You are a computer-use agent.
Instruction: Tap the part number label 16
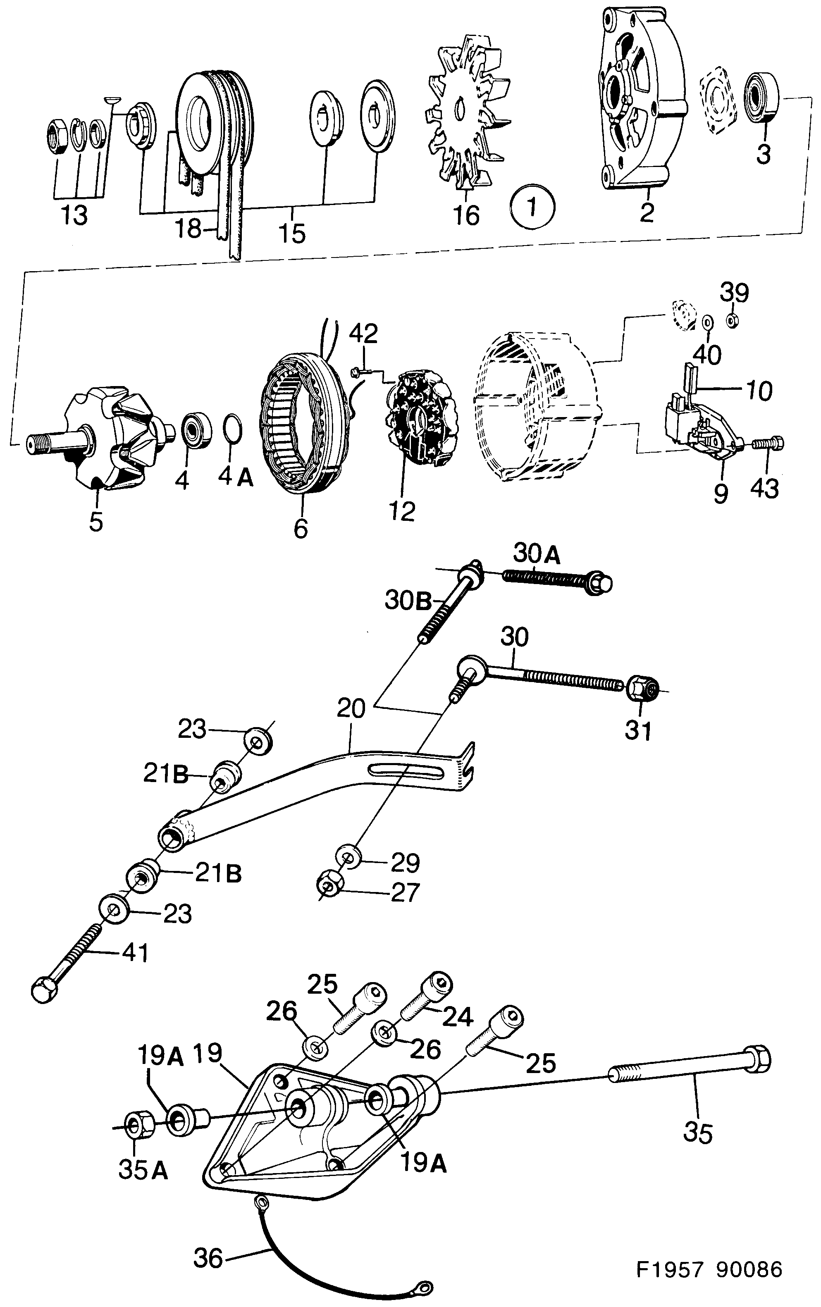pos(466,215)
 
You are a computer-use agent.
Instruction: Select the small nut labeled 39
pos(731,321)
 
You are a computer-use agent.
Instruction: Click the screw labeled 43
pos(769,444)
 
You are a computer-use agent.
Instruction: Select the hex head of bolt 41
pos(45,990)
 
